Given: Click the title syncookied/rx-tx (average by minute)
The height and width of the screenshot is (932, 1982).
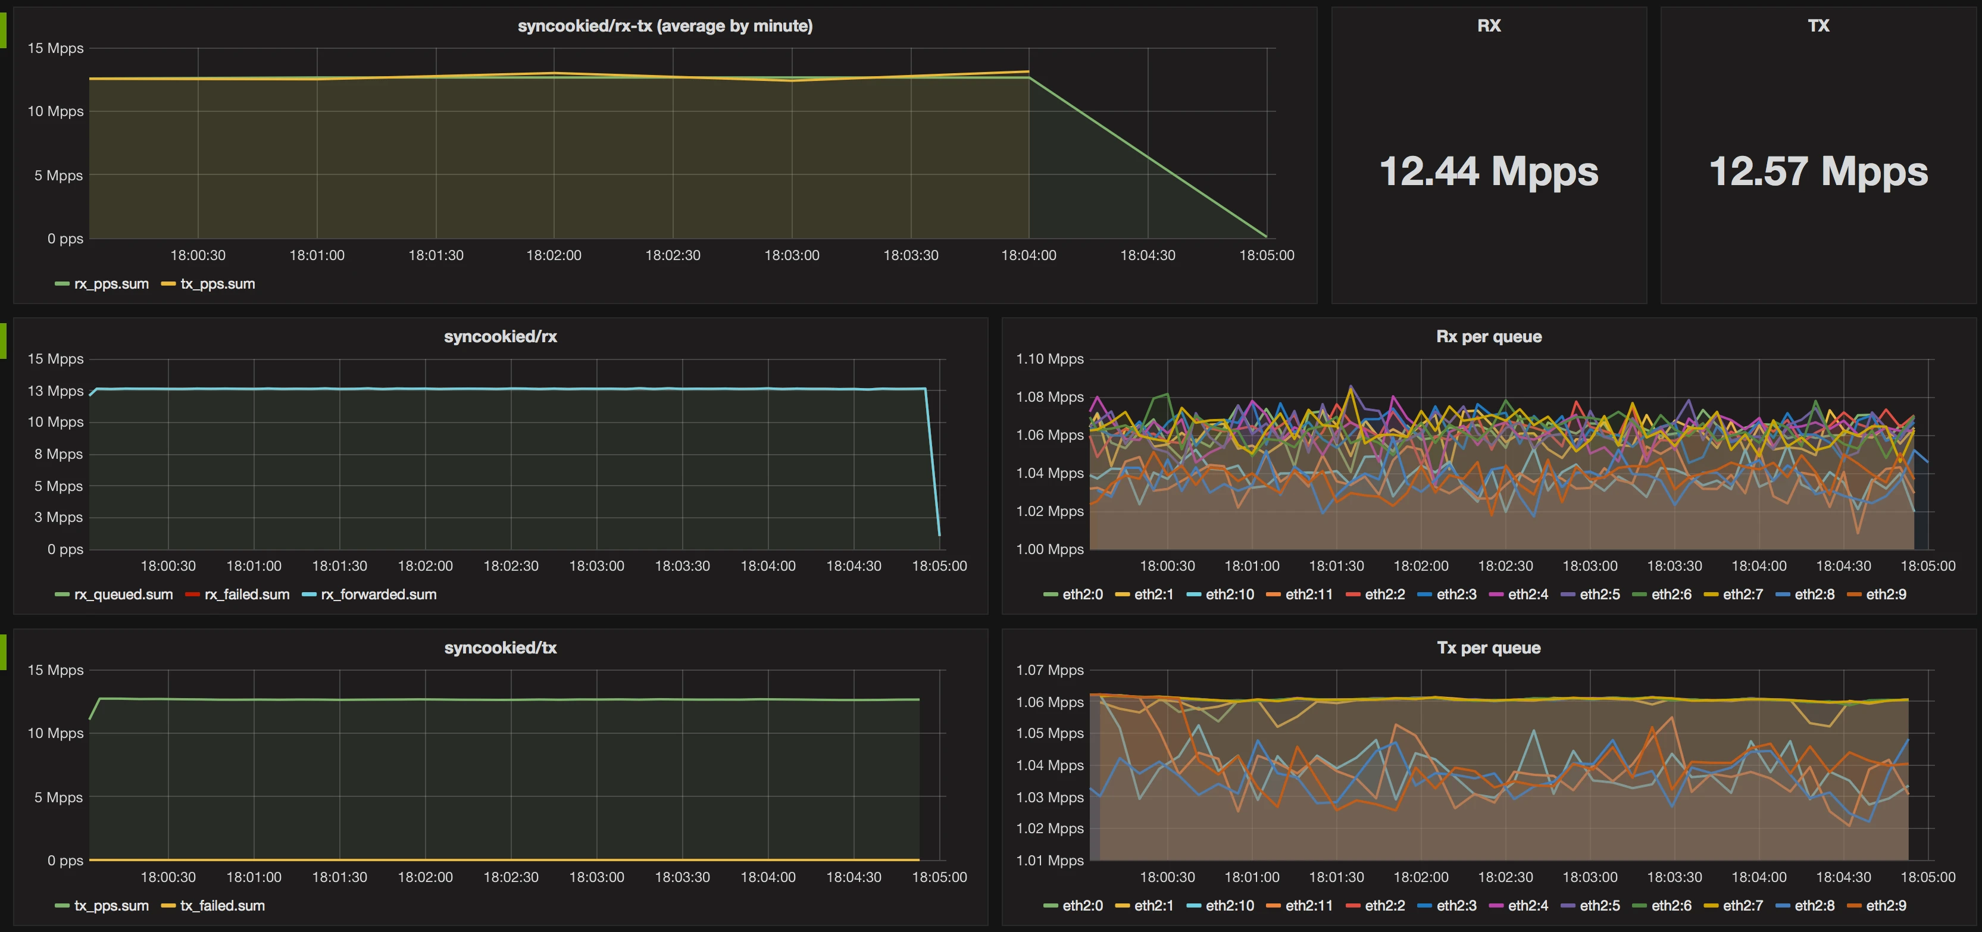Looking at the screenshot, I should click(665, 26).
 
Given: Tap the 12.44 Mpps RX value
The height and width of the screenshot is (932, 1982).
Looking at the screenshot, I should click(1488, 171).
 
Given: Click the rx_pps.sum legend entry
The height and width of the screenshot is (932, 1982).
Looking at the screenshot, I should click(111, 284).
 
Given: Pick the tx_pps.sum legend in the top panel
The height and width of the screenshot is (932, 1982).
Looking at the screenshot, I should click(217, 284).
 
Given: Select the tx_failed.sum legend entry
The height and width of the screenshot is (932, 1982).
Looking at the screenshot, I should click(221, 906).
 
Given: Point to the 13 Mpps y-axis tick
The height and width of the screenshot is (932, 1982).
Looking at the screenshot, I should click(55, 391).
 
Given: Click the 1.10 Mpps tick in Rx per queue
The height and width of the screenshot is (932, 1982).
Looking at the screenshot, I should click(1049, 359).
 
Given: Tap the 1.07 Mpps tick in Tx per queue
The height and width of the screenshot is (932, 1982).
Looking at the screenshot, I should click(1049, 670).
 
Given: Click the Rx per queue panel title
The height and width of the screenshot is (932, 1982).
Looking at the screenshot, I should click(1488, 337).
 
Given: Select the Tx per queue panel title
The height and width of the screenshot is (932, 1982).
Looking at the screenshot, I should click(1488, 648).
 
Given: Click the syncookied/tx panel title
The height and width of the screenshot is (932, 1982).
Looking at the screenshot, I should click(500, 648).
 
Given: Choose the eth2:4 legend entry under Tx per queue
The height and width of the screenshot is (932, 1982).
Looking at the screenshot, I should click(1527, 906).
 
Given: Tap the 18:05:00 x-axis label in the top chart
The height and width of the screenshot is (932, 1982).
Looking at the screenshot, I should click(1267, 255).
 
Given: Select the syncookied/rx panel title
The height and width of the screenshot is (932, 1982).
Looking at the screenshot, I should click(500, 337).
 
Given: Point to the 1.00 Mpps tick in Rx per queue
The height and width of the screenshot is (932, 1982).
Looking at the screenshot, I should click(1049, 549).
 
